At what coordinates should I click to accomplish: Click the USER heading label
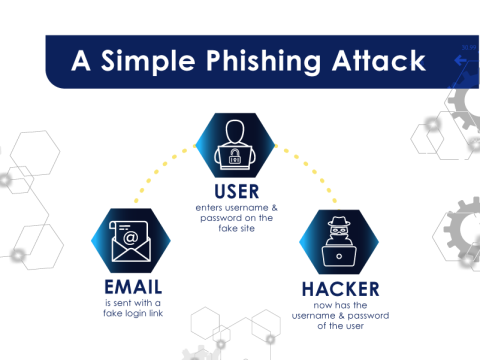click(238, 190)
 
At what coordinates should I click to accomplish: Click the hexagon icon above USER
click(239, 143)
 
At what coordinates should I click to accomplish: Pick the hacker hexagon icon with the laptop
click(342, 243)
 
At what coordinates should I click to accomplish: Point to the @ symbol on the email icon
click(131, 238)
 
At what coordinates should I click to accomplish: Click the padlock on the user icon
click(239, 154)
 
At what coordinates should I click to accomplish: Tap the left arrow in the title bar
click(461, 61)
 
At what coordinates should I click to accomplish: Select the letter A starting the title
click(84, 62)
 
